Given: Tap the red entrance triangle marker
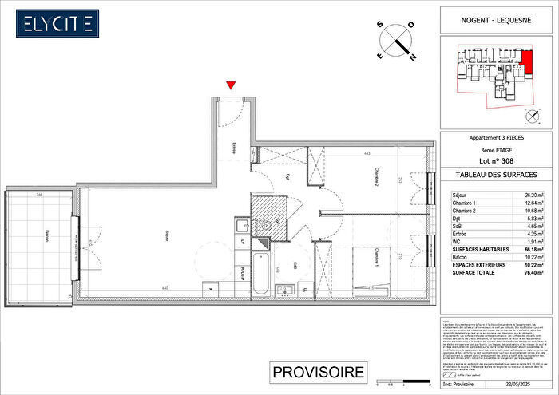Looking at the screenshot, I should (232, 85).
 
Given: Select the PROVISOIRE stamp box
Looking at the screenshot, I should (319, 372).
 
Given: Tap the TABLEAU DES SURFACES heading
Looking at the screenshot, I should (496, 174).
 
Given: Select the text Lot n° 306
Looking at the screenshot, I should (496, 160).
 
